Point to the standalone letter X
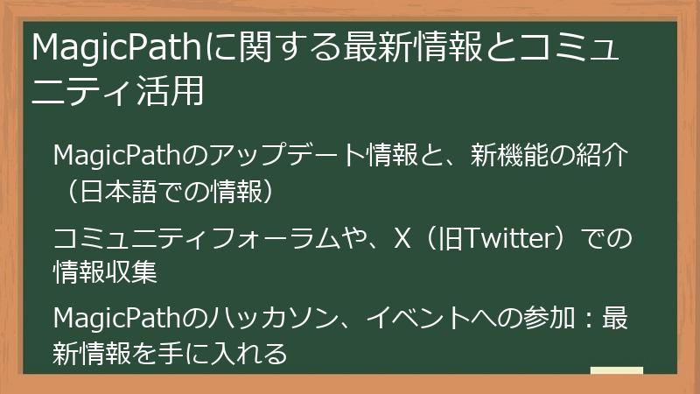tap(402, 238)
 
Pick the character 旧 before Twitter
tap(446, 238)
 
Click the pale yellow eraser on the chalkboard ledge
tap(616, 370)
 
